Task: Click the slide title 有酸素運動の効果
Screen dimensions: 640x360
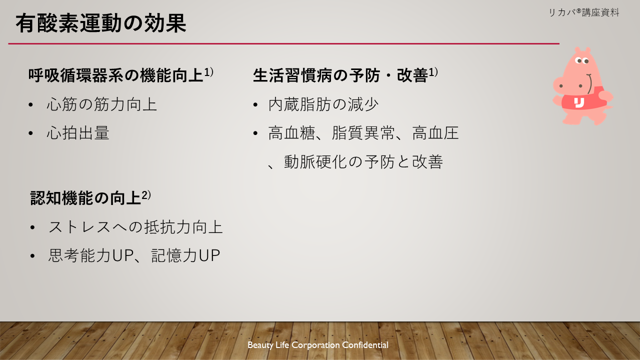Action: tap(101, 23)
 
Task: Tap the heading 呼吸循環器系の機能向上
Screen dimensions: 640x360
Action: tap(115, 75)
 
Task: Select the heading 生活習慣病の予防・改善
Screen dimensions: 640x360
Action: tap(340, 75)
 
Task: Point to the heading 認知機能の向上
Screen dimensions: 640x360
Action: tap(85, 197)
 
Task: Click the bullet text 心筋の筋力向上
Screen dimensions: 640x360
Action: tap(101, 104)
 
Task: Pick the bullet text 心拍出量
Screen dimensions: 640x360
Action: tap(78, 133)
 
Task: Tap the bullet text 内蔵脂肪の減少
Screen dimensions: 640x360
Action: tap(323, 104)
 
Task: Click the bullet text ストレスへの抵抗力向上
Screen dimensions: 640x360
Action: tap(135, 227)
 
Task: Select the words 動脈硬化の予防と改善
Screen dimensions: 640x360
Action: tap(363, 161)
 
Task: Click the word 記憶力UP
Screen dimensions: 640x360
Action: tap(185, 255)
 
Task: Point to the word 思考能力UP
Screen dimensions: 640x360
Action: tap(90, 255)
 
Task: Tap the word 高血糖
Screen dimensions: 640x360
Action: tap(291, 133)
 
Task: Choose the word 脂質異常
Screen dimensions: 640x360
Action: tap(363, 133)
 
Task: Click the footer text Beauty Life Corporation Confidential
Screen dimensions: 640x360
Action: tap(317, 345)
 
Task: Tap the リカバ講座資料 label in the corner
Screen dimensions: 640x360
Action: tap(584, 12)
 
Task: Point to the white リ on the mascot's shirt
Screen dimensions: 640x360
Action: tap(579, 102)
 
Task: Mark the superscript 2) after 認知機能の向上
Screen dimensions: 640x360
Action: tap(146, 195)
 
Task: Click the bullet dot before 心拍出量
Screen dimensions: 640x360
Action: tap(31, 133)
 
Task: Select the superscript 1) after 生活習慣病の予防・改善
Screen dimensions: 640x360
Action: tap(433, 72)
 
